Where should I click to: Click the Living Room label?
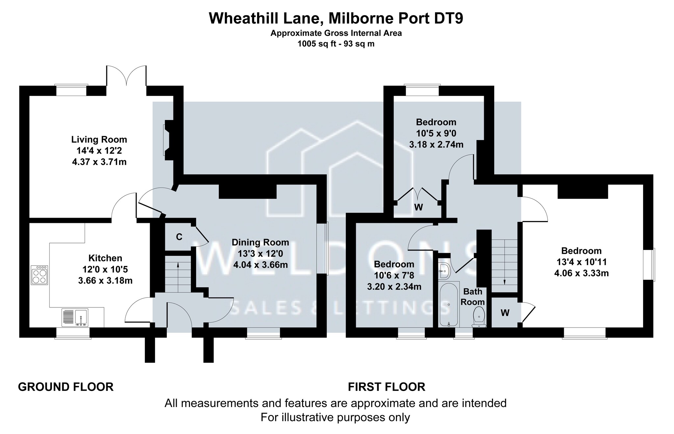point(99,140)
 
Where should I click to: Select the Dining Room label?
point(260,243)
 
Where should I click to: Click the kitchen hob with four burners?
point(39,275)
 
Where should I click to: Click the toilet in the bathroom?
point(479,317)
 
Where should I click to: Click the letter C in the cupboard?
point(179,237)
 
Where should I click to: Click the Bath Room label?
point(473,297)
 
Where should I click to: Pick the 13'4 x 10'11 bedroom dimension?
point(582,262)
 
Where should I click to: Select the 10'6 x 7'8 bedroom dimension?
point(394,276)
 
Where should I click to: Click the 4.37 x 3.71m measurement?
point(99,162)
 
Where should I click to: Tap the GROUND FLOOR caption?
point(66,387)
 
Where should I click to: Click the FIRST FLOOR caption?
point(387,387)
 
